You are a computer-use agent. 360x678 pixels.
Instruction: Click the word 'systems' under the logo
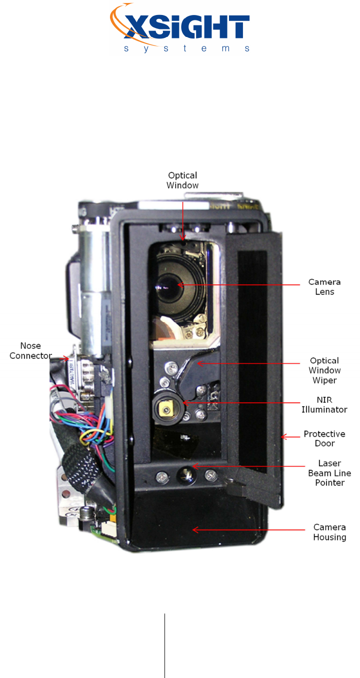pos(186,48)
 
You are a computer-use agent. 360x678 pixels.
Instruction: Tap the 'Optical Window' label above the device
pos(183,180)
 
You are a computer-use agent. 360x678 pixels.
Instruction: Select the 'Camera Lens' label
pos(324,287)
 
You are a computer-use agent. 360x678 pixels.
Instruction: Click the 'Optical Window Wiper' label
pos(324,370)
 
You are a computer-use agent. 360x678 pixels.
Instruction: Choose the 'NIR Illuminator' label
pos(324,405)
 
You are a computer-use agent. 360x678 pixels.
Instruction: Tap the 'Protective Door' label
pos(324,438)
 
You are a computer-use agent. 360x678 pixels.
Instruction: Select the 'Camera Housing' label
pos(329,532)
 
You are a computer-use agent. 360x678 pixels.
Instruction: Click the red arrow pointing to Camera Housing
pos(247,530)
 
